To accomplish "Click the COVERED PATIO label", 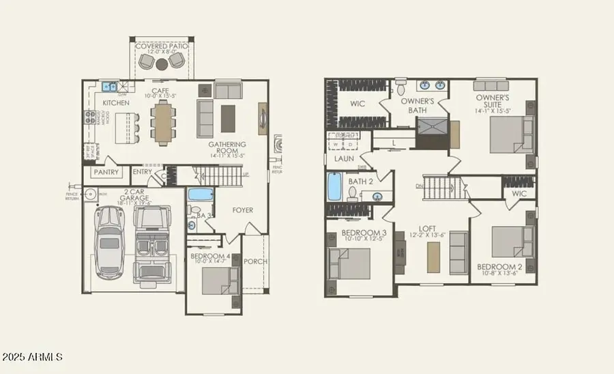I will pyautogui.click(x=162, y=46).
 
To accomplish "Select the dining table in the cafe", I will pyautogui.click(x=162, y=124).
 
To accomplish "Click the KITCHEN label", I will pyautogui.click(x=116, y=103).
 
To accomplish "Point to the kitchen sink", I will pyautogui.click(x=109, y=87).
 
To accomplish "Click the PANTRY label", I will pyautogui.click(x=106, y=172).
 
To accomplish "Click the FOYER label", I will pyautogui.click(x=243, y=210).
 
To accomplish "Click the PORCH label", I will pyautogui.click(x=255, y=261).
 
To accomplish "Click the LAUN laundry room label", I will pyautogui.click(x=344, y=159).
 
